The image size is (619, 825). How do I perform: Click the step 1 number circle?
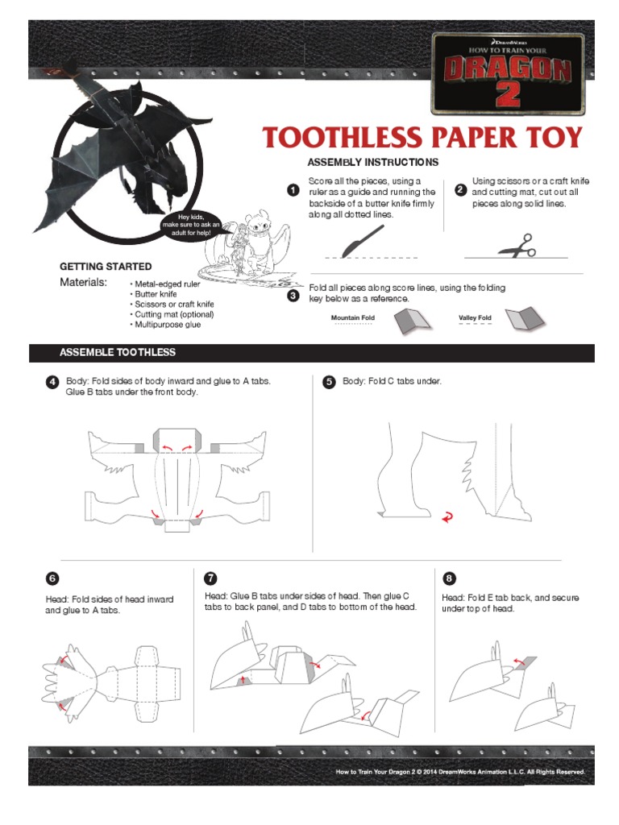coord(293,190)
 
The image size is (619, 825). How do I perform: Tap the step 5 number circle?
coord(329,381)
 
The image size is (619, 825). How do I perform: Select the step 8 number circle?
coord(448,578)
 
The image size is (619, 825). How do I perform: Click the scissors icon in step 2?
coord(517,246)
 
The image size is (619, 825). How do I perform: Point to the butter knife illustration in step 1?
coord(363,242)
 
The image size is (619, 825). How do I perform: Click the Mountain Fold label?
coord(353,317)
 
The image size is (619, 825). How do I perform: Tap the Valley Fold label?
coord(475,317)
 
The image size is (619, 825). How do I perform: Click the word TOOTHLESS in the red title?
coord(342,137)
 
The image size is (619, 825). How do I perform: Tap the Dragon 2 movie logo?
coord(508,73)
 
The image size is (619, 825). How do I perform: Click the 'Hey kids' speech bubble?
coord(191,225)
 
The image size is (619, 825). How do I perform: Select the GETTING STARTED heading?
coord(106,267)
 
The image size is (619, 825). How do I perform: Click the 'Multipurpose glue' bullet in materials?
coord(165,325)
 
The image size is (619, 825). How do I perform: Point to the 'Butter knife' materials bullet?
coord(153,294)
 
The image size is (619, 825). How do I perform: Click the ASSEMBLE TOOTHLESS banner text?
coord(118,353)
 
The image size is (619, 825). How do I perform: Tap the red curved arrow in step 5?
coord(447,518)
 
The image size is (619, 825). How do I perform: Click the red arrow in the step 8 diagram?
coord(519,660)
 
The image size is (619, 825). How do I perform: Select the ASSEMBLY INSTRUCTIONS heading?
coord(372,162)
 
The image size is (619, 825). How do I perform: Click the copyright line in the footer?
coord(460,772)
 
